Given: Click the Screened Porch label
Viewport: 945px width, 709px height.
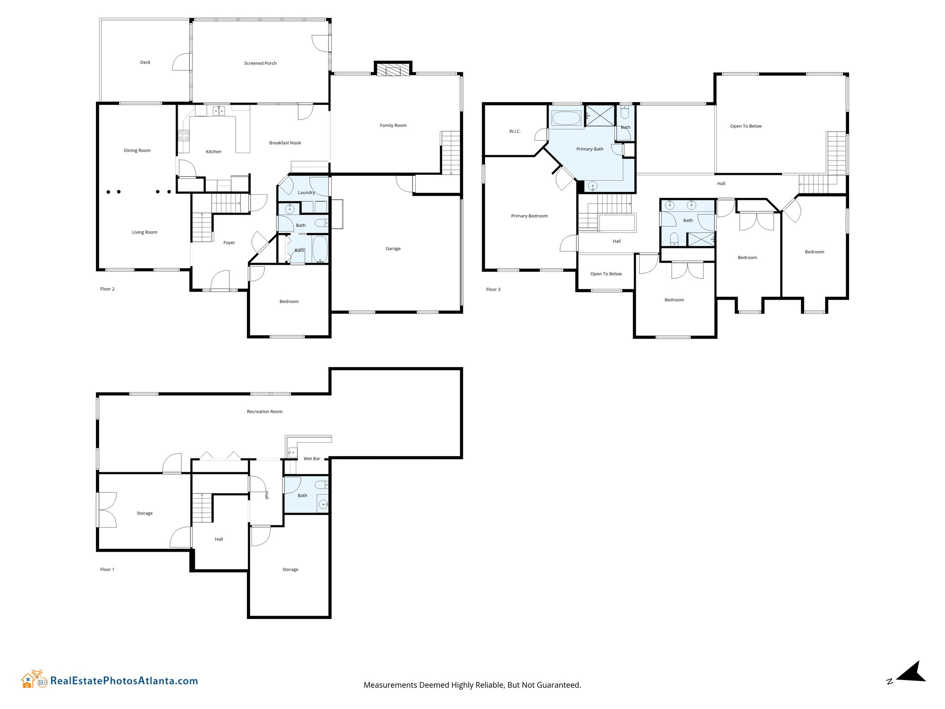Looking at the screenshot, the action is (x=260, y=63).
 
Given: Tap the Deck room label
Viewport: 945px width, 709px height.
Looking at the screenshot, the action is (x=145, y=62).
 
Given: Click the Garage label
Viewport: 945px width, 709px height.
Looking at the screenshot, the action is (x=393, y=249).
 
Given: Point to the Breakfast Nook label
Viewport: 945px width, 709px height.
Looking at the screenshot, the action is (x=285, y=143).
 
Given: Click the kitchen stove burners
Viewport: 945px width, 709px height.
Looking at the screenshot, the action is (x=184, y=135).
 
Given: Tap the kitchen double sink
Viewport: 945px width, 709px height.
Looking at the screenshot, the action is (x=219, y=111).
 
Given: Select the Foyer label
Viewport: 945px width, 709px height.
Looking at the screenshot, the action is (x=229, y=243).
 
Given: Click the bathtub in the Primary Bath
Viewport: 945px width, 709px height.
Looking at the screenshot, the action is (x=566, y=118).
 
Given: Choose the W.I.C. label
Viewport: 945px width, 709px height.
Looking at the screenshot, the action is (x=515, y=132).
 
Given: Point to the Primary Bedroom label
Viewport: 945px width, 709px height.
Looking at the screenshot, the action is (x=529, y=216).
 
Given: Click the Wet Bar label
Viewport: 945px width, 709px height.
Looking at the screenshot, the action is (x=312, y=459).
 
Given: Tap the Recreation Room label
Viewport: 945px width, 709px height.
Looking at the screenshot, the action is (x=264, y=412).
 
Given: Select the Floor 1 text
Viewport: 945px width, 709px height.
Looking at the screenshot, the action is (x=107, y=570).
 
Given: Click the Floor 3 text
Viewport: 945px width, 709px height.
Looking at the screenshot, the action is (x=493, y=289).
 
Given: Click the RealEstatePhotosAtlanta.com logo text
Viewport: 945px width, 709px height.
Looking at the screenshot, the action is (x=124, y=681).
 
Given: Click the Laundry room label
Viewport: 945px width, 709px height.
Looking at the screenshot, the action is (x=306, y=192).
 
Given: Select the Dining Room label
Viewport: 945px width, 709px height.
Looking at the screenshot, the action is (x=137, y=150).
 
